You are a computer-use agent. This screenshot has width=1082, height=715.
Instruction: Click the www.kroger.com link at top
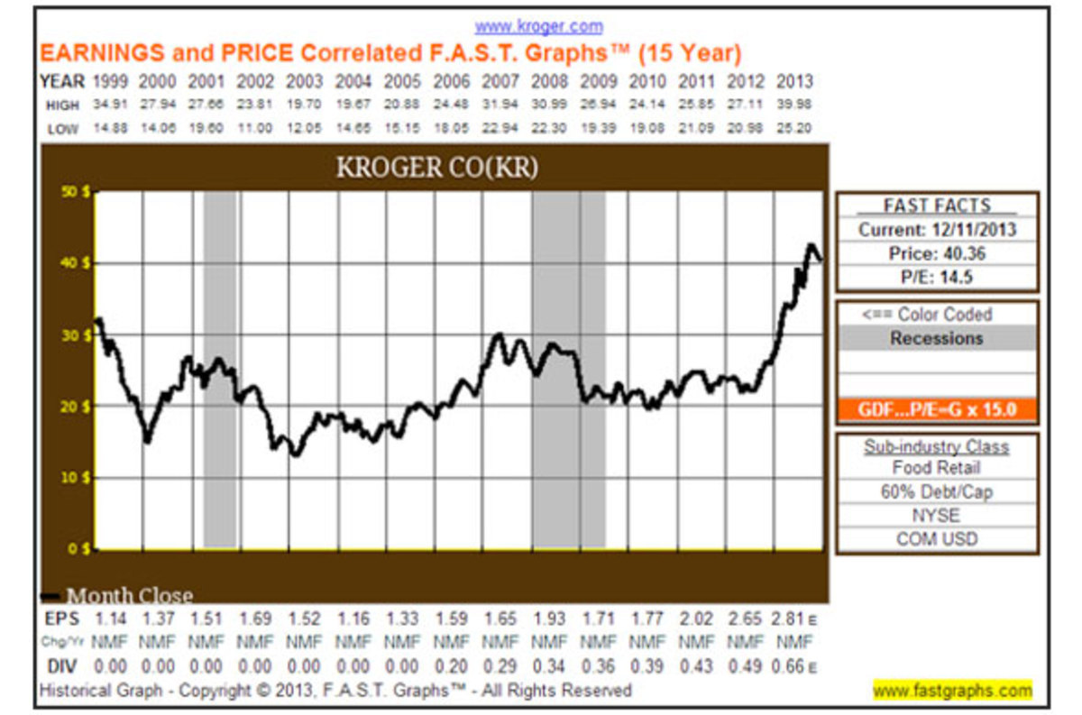point(539,26)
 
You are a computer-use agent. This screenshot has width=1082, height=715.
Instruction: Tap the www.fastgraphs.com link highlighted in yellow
point(952,691)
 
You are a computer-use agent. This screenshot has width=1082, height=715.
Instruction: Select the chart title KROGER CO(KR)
point(436,168)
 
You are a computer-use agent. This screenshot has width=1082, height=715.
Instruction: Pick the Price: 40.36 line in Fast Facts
point(937,253)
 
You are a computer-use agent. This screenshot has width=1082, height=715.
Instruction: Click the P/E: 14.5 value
point(937,278)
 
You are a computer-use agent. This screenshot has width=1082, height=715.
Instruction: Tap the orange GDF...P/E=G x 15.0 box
point(937,410)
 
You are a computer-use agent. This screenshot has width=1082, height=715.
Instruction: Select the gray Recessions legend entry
point(937,338)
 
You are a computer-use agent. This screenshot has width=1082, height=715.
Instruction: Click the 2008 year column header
point(549,81)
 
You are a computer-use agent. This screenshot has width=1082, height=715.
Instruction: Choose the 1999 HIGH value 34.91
point(110,105)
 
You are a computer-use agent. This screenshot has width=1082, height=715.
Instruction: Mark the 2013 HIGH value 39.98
point(793,105)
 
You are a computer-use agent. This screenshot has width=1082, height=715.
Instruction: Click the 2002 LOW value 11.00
point(256,128)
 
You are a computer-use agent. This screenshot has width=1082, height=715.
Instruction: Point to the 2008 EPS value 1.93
point(549,619)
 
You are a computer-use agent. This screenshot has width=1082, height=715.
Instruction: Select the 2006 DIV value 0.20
point(452,666)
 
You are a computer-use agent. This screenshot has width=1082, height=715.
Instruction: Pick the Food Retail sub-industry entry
point(937,468)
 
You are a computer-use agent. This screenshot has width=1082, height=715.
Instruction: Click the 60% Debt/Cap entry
point(937,492)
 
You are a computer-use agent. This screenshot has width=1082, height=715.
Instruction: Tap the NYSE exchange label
point(937,516)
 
